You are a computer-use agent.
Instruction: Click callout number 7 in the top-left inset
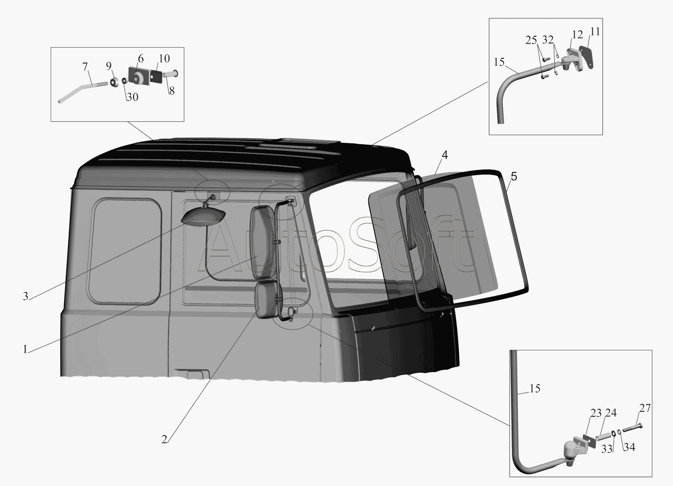(85, 66)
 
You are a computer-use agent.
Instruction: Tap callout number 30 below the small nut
(132, 97)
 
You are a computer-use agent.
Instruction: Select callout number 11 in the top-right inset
(595, 32)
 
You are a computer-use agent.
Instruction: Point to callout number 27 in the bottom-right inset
(645, 408)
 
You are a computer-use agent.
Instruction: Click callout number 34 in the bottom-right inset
(629, 447)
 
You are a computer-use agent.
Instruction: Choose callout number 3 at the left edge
(26, 296)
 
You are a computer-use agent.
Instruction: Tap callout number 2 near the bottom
(164, 439)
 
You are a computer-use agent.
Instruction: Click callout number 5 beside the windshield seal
(514, 177)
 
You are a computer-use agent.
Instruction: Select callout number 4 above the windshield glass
(445, 155)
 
